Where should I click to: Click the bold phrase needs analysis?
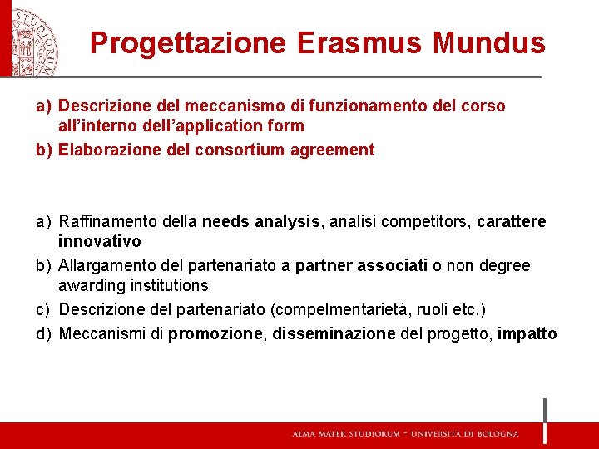pyautogui.click(x=261, y=221)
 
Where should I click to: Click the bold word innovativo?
pyautogui.click(x=99, y=241)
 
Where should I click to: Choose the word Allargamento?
pyautogui.click(x=106, y=265)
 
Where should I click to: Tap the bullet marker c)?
pyautogui.click(x=42, y=309)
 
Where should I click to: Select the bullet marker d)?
pyautogui.click(x=42, y=333)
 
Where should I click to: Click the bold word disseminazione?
pyautogui.click(x=334, y=333)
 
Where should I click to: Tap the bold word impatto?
pyautogui.click(x=528, y=333)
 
